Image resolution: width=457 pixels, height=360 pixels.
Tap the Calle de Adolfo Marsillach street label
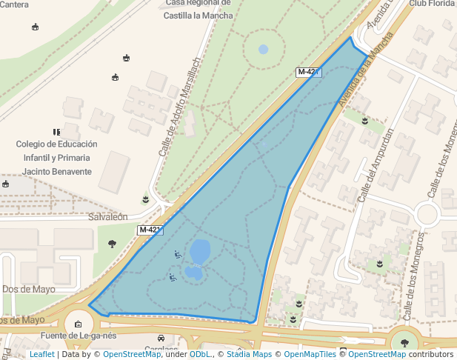(x=180, y=107)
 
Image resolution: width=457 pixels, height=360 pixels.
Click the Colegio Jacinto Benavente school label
(x=57, y=158)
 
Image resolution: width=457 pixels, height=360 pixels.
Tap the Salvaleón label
(x=108, y=217)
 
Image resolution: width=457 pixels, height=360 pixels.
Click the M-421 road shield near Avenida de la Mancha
(x=307, y=72)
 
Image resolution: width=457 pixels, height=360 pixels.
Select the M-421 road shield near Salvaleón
(x=150, y=230)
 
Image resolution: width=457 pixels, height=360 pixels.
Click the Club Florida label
(x=431, y=4)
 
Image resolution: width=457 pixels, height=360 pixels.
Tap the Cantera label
(x=15, y=4)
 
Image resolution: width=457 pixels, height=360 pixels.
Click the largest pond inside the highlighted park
(x=200, y=251)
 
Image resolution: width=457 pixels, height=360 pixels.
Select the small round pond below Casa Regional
(x=264, y=50)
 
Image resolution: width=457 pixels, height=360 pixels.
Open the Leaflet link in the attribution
(x=41, y=354)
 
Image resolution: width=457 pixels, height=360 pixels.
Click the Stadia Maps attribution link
(x=250, y=354)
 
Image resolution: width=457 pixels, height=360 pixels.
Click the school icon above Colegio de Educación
(x=56, y=131)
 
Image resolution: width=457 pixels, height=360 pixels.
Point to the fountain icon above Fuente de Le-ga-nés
(x=79, y=323)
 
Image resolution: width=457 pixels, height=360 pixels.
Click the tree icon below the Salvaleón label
(x=112, y=243)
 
